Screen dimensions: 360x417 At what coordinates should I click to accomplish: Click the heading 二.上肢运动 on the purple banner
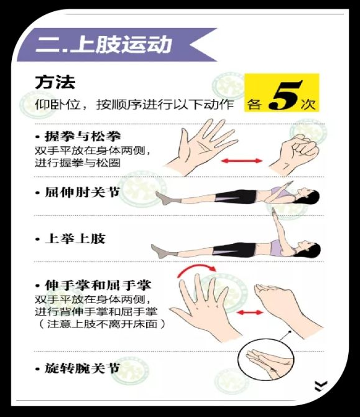104,44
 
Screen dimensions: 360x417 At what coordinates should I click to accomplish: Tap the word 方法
55,82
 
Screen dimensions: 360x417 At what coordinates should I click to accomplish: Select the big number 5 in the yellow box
284,95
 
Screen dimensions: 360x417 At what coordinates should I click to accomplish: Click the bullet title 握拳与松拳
83,136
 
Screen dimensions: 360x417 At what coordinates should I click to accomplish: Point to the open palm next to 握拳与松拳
202,146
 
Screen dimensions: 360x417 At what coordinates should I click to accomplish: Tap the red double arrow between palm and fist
242,161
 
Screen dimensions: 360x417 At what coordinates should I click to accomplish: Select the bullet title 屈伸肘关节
82,192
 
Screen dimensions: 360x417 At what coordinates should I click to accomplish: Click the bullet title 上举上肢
75,238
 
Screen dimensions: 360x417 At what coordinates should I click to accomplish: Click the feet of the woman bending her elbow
163,198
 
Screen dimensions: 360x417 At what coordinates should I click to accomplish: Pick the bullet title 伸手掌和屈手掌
98,285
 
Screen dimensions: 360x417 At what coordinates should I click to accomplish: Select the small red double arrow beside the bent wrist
249,312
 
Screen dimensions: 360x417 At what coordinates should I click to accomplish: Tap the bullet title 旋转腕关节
82,368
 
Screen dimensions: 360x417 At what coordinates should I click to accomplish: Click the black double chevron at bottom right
320,386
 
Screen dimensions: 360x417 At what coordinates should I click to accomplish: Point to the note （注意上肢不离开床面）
101,324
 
